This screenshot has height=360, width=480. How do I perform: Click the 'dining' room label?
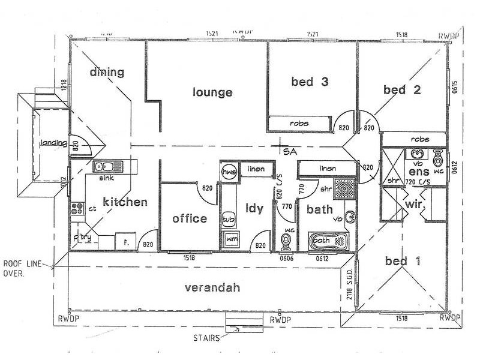point(107,73)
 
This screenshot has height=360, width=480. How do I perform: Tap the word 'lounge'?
point(212,92)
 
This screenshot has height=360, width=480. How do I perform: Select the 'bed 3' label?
point(309,82)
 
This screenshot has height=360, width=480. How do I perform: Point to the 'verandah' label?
point(212,288)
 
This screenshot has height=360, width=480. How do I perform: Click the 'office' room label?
point(190,219)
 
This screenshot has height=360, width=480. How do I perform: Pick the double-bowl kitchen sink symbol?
point(107,166)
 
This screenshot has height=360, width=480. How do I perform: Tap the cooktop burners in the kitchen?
point(77,209)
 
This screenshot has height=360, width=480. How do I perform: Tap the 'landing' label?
point(52,143)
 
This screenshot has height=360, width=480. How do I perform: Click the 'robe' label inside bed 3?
point(299,123)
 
